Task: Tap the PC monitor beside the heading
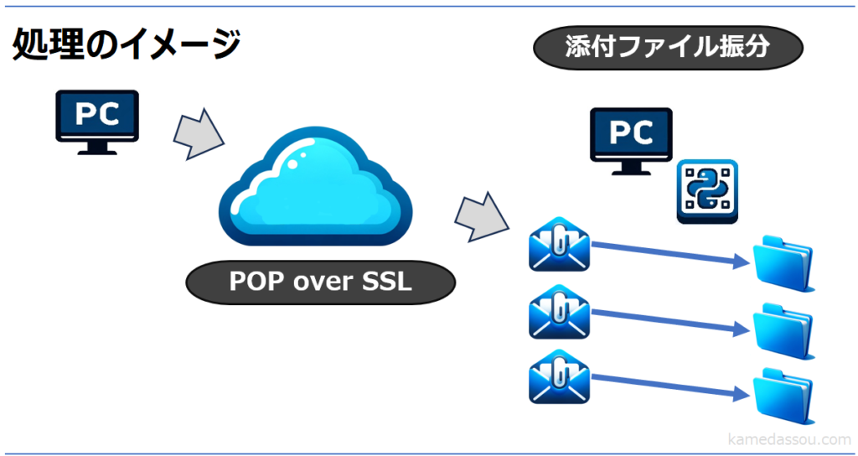(x=97, y=119)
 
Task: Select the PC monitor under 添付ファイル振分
(x=631, y=137)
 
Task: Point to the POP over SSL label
(x=320, y=282)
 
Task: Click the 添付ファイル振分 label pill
(x=668, y=48)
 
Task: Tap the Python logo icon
(x=707, y=190)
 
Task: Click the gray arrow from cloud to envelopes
(x=482, y=215)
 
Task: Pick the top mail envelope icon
(x=559, y=246)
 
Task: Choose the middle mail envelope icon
(x=559, y=313)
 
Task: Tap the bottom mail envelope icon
(x=559, y=379)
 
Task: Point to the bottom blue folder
(x=783, y=395)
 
